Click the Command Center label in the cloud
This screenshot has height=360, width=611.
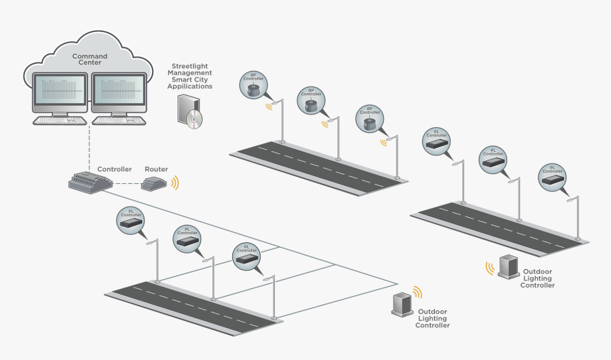click(x=89, y=60)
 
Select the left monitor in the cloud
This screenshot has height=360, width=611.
click(x=61, y=90)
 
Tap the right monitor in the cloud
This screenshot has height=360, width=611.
click(x=119, y=90)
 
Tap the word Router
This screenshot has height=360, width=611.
click(x=156, y=169)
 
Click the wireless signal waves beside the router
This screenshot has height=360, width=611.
click(x=175, y=182)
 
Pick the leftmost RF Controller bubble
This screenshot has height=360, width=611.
click(x=255, y=84)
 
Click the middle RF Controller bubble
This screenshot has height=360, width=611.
click(x=311, y=102)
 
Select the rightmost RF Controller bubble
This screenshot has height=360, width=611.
click(x=369, y=121)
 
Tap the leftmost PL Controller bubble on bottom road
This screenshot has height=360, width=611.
click(x=131, y=220)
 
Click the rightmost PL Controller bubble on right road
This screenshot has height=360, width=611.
click(x=551, y=178)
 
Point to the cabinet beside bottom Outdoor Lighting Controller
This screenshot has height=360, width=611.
click(x=403, y=304)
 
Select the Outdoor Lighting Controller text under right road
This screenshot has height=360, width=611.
click(x=538, y=278)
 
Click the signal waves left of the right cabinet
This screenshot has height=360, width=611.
click(x=490, y=268)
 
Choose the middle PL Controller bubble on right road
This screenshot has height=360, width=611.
click(x=492, y=159)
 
